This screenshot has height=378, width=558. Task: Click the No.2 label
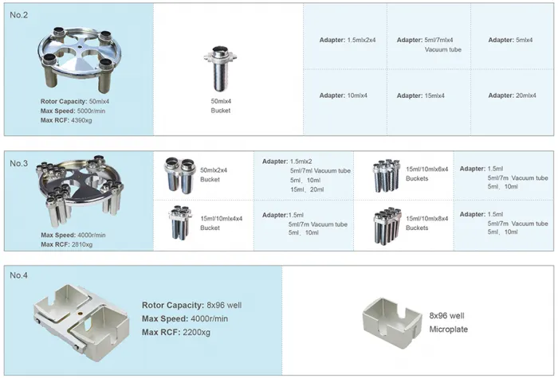pos(18,16)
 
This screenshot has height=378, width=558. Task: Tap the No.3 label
pos(18,163)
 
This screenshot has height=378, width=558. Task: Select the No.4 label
pos(18,275)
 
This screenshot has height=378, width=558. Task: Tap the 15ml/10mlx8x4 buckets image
pos(387,224)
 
